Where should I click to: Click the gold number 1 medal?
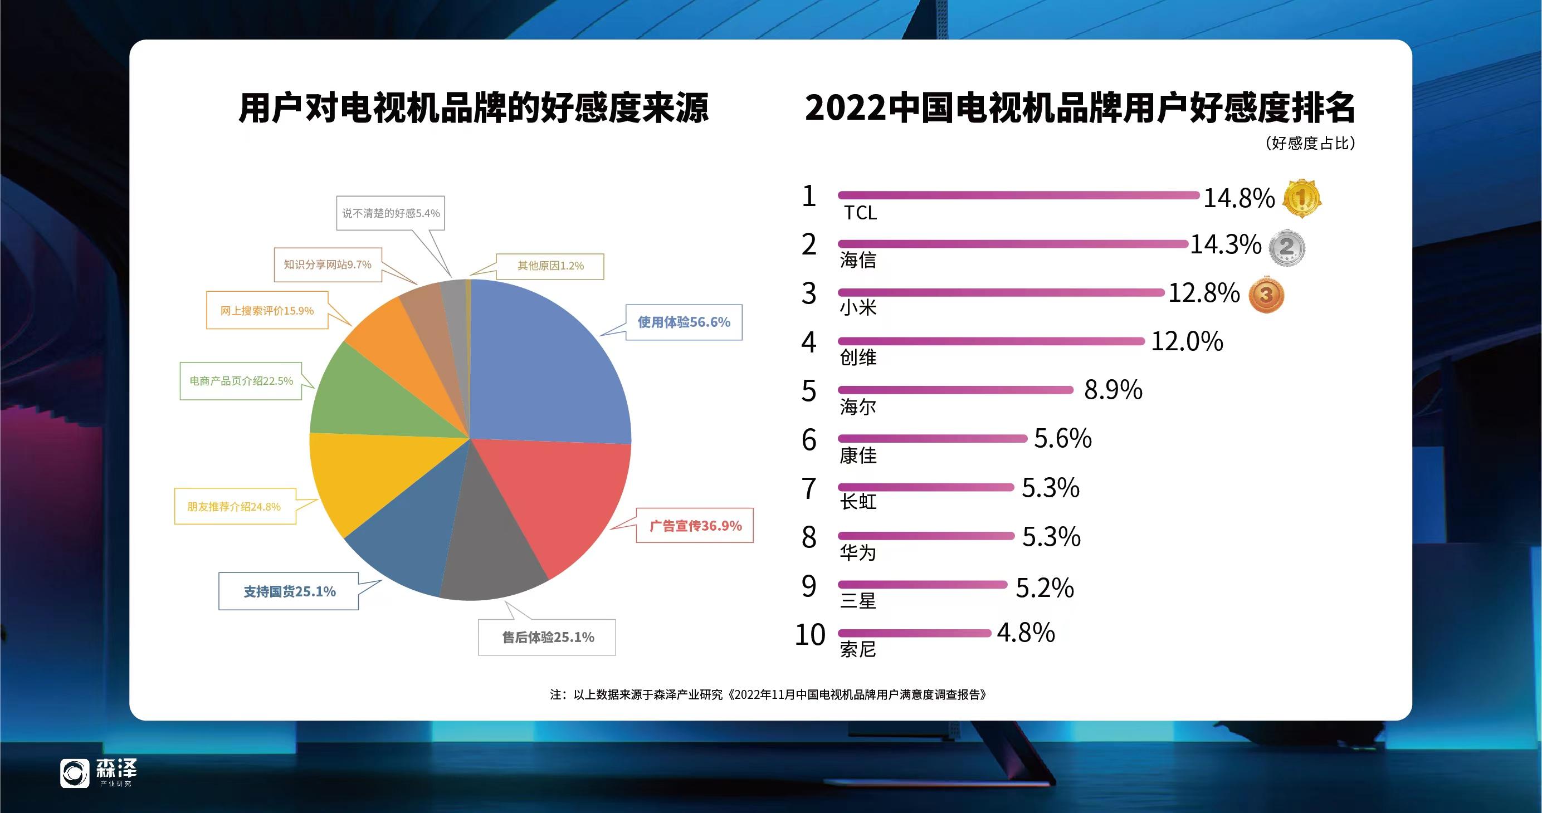coord(1301,198)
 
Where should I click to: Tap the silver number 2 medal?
coord(1287,247)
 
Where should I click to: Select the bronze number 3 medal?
coord(1266,295)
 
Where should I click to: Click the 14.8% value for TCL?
coord(1238,198)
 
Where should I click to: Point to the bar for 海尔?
coord(955,390)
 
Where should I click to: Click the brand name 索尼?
coord(858,649)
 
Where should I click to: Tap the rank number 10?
coord(809,635)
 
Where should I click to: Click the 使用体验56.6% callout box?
coord(684,322)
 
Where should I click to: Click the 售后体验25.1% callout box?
coord(547,638)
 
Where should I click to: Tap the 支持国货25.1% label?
coord(289,592)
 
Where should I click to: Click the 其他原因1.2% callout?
coord(550,266)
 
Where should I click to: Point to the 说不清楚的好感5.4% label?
coord(391,213)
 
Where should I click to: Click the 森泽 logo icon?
coord(75,773)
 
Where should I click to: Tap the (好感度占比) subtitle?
coord(1310,144)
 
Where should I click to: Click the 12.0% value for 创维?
coord(1187,341)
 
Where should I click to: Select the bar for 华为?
coord(925,536)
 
